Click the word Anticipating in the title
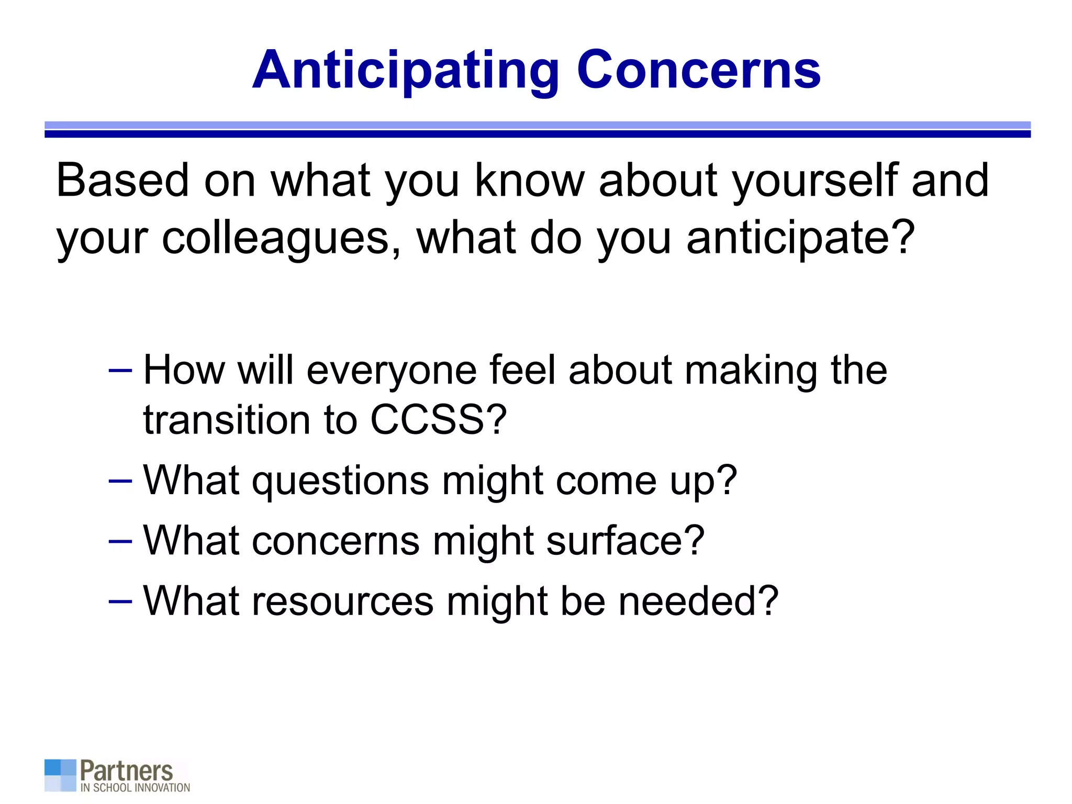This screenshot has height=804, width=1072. tap(406, 71)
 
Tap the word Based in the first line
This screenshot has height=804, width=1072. tap(122, 181)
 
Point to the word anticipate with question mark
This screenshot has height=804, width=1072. tap(800, 239)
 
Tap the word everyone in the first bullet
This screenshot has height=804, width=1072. tap(391, 371)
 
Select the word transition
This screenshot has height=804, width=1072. tap(227, 420)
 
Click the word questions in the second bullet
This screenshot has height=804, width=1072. tap(340, 481)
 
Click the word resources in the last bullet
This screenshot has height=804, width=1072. tap(342, 601)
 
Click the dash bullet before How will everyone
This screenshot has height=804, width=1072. tap(120, 371)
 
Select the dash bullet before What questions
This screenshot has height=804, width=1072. tap(120, 480)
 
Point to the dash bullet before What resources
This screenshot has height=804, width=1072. tap(120, 601)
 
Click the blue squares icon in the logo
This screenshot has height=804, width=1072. tap(60, 775)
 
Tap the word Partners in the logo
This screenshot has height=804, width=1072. tap(126, 770)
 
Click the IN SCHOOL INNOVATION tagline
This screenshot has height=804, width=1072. tap(135, 788)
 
